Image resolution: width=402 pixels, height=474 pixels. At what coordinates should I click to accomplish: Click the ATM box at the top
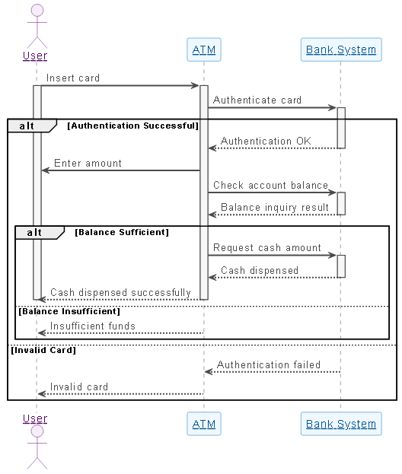coord(204,50)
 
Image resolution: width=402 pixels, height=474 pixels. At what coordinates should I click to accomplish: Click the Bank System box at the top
coord(340,50)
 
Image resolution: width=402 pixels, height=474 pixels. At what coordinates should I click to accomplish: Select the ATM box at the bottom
coord(204,424)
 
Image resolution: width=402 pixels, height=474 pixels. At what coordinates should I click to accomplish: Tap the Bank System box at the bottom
coord(340,424)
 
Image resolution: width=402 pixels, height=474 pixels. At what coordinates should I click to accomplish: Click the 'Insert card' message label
coord(73,78)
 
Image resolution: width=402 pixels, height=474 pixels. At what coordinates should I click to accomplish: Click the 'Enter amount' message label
coord(88,163)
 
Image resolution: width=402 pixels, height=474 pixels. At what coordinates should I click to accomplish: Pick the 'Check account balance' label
coord(270,185)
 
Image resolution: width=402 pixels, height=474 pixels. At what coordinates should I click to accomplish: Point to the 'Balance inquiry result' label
coord(275,207)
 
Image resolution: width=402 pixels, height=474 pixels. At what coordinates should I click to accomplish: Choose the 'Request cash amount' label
coord(266,247)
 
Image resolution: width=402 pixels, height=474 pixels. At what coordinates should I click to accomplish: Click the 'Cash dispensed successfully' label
coord(120,292)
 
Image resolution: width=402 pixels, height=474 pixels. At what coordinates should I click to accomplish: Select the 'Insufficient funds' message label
coord(93,326)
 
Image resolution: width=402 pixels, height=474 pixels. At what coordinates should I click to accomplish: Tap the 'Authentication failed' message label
coord(269,364)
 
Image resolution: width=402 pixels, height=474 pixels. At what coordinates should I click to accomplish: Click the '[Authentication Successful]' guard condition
coord(132,126)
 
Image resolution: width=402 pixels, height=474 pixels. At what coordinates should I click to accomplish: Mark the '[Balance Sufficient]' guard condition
coord(122,232)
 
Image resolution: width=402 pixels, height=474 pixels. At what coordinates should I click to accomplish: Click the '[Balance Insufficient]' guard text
coord(69,311)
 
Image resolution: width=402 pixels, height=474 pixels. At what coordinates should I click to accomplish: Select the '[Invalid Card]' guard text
coord(43,350)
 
